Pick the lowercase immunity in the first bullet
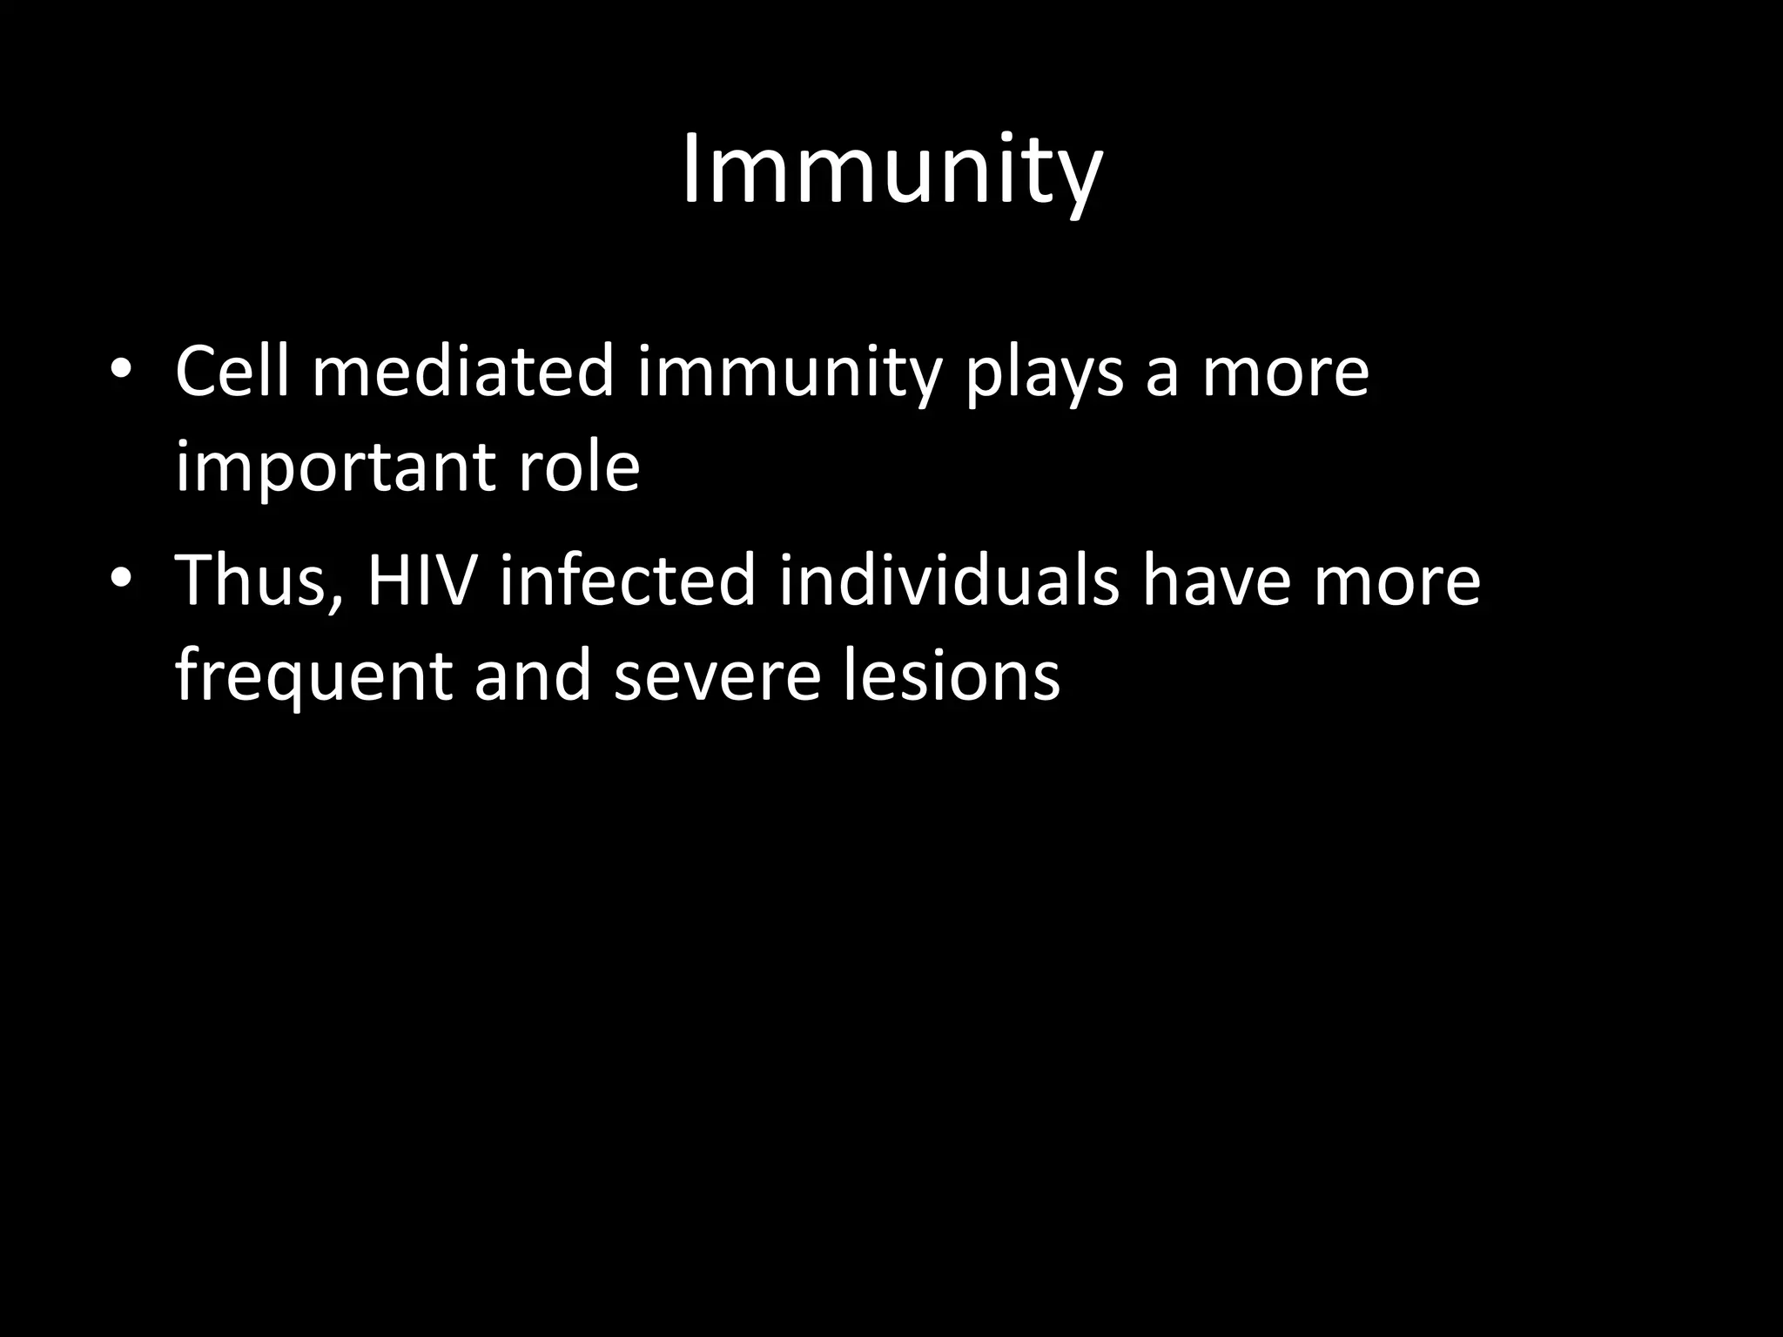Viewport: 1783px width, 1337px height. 790,373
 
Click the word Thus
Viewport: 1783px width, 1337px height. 259,581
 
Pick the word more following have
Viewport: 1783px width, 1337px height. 1396,581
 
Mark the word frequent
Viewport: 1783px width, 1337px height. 313,677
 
